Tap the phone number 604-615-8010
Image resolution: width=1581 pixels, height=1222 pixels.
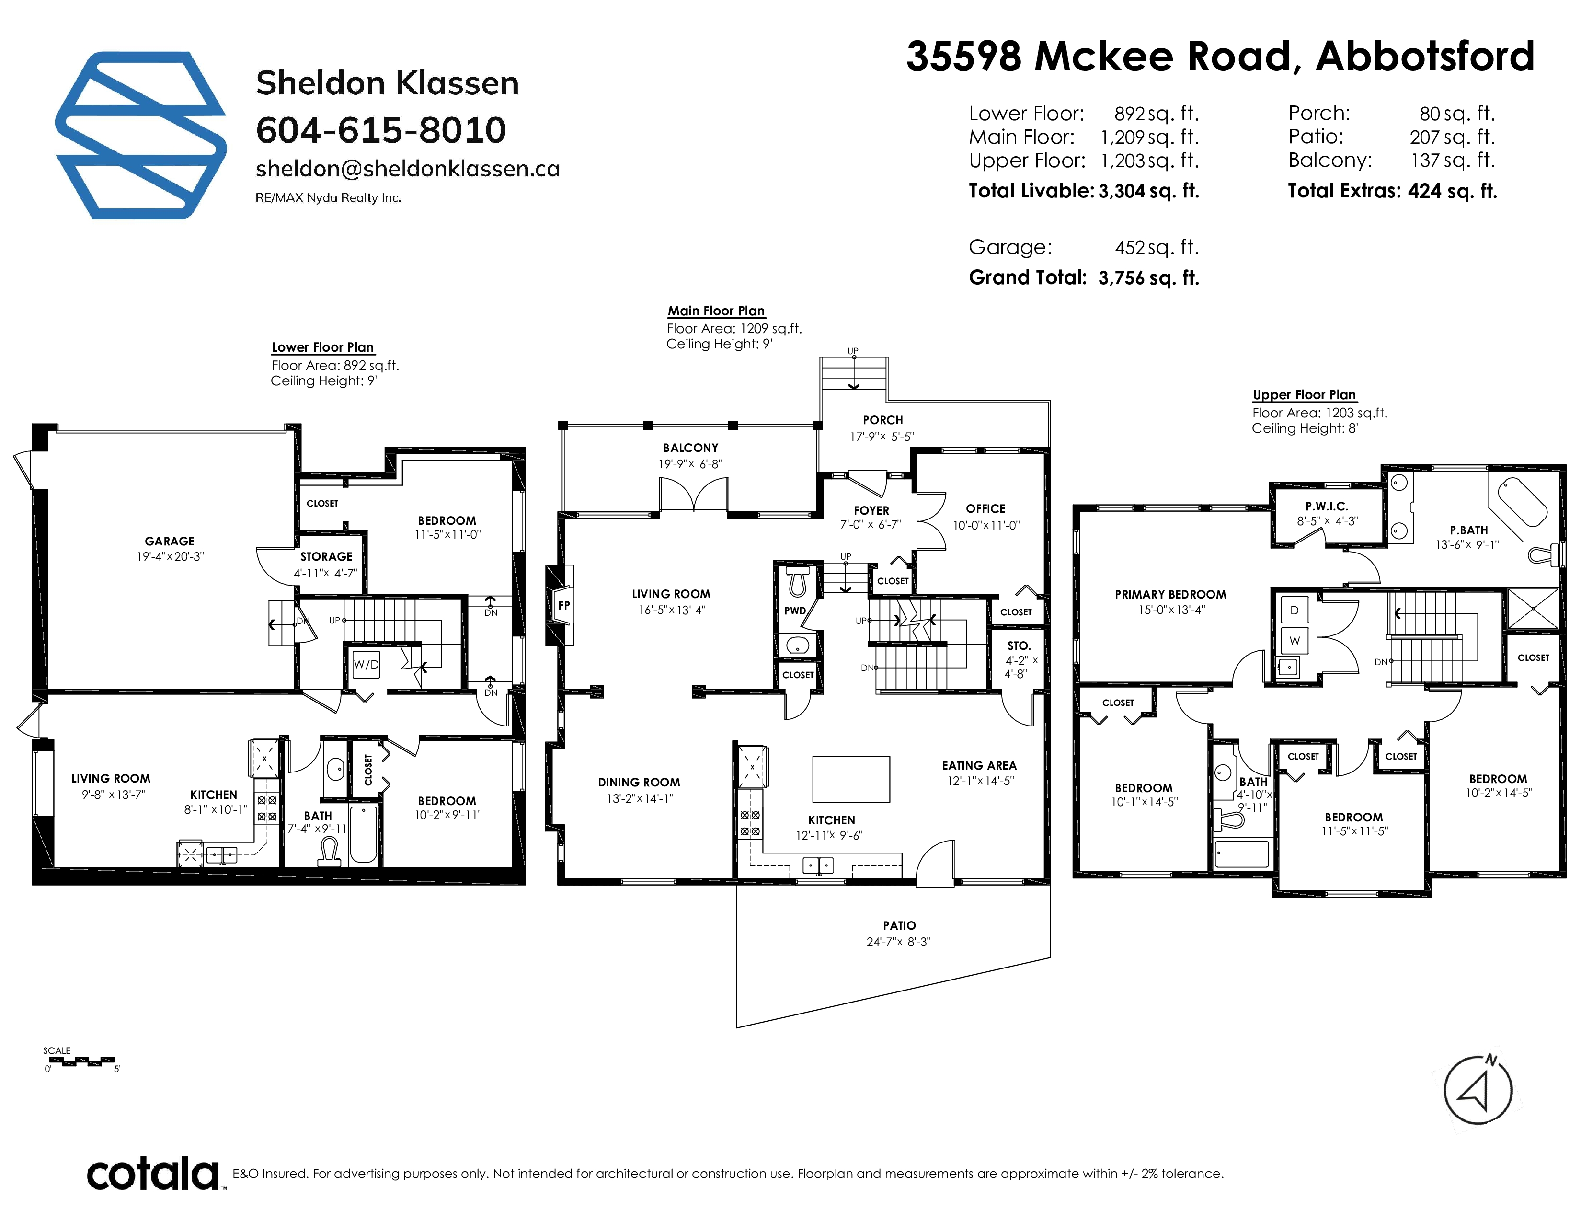(x=381, y=130)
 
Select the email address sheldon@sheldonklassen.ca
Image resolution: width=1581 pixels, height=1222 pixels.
(x=408, y=169)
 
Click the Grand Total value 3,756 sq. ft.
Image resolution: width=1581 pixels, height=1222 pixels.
(x=1149, y=278)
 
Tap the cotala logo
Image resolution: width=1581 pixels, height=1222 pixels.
(x=153, y=1174)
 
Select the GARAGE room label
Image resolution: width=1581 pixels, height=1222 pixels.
(x=170, y=541)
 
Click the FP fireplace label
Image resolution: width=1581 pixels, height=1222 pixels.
(x=564, y=605)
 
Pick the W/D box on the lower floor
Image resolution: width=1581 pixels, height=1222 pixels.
(x=366, y=664)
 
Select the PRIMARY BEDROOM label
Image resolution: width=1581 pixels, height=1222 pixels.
(x=1170, y=594)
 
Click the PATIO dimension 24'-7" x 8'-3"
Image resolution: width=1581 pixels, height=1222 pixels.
(x=898, y=942)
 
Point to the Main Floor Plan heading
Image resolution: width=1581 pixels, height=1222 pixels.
(x=716, y=311)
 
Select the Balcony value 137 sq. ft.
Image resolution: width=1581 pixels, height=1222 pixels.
(x=1453, y=160)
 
